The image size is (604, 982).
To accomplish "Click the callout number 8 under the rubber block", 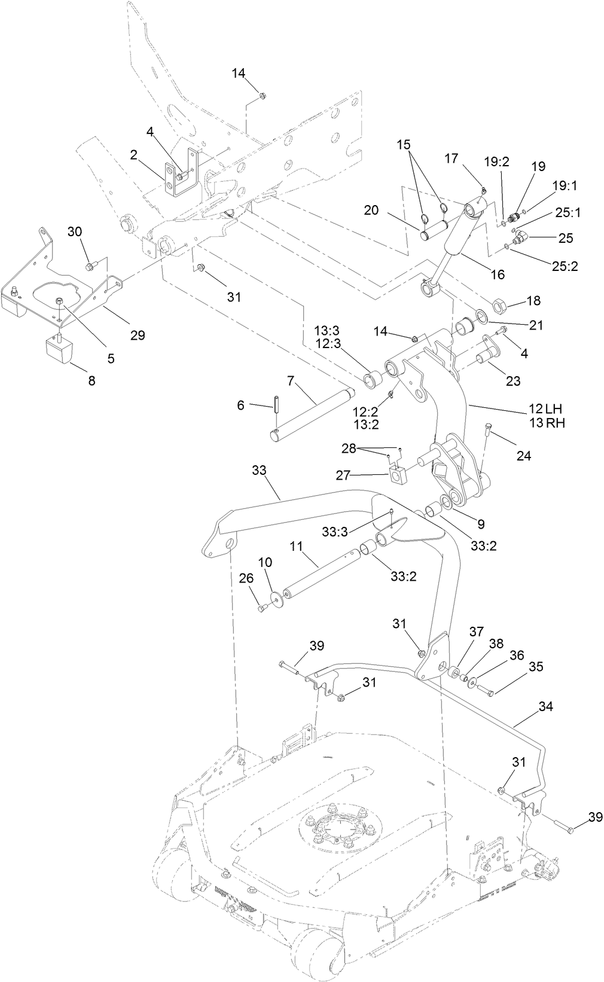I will click(91, 380).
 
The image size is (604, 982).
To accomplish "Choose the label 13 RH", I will click(545, 423).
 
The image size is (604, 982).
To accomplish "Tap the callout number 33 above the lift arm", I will click(259, 470).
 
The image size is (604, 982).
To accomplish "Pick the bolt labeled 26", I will click(261, 609).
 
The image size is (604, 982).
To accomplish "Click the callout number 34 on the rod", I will click(545, 706).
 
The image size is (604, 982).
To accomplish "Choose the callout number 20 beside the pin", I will click(371, 210).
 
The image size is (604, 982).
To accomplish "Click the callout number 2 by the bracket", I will click(134, 155).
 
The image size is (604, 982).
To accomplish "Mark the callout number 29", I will click(138, 336).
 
